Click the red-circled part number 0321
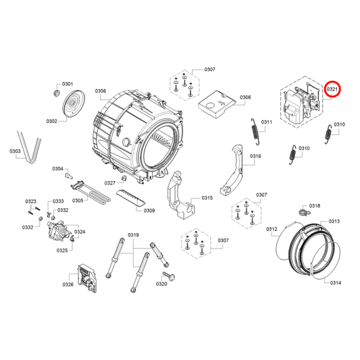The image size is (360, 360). tap(332, 89)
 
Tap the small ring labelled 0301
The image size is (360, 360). tap(56, 93)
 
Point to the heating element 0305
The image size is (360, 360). tap(90, 193)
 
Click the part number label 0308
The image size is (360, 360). tap(101, 91)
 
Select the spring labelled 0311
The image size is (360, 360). tap(255, 131)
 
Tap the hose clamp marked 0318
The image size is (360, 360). tap(305, 212)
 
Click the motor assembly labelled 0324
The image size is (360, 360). tap(59, 230)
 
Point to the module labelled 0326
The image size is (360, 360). tap(87, 278)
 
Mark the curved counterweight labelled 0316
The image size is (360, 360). tap(232, 170)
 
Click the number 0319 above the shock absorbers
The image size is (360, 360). tap(133, 235)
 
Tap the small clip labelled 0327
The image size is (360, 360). tap(124, 178)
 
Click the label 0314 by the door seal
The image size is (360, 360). tap(336, 282)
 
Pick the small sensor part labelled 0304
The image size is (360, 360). tap(68, 176)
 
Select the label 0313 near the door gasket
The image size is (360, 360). tap(334, 221)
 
